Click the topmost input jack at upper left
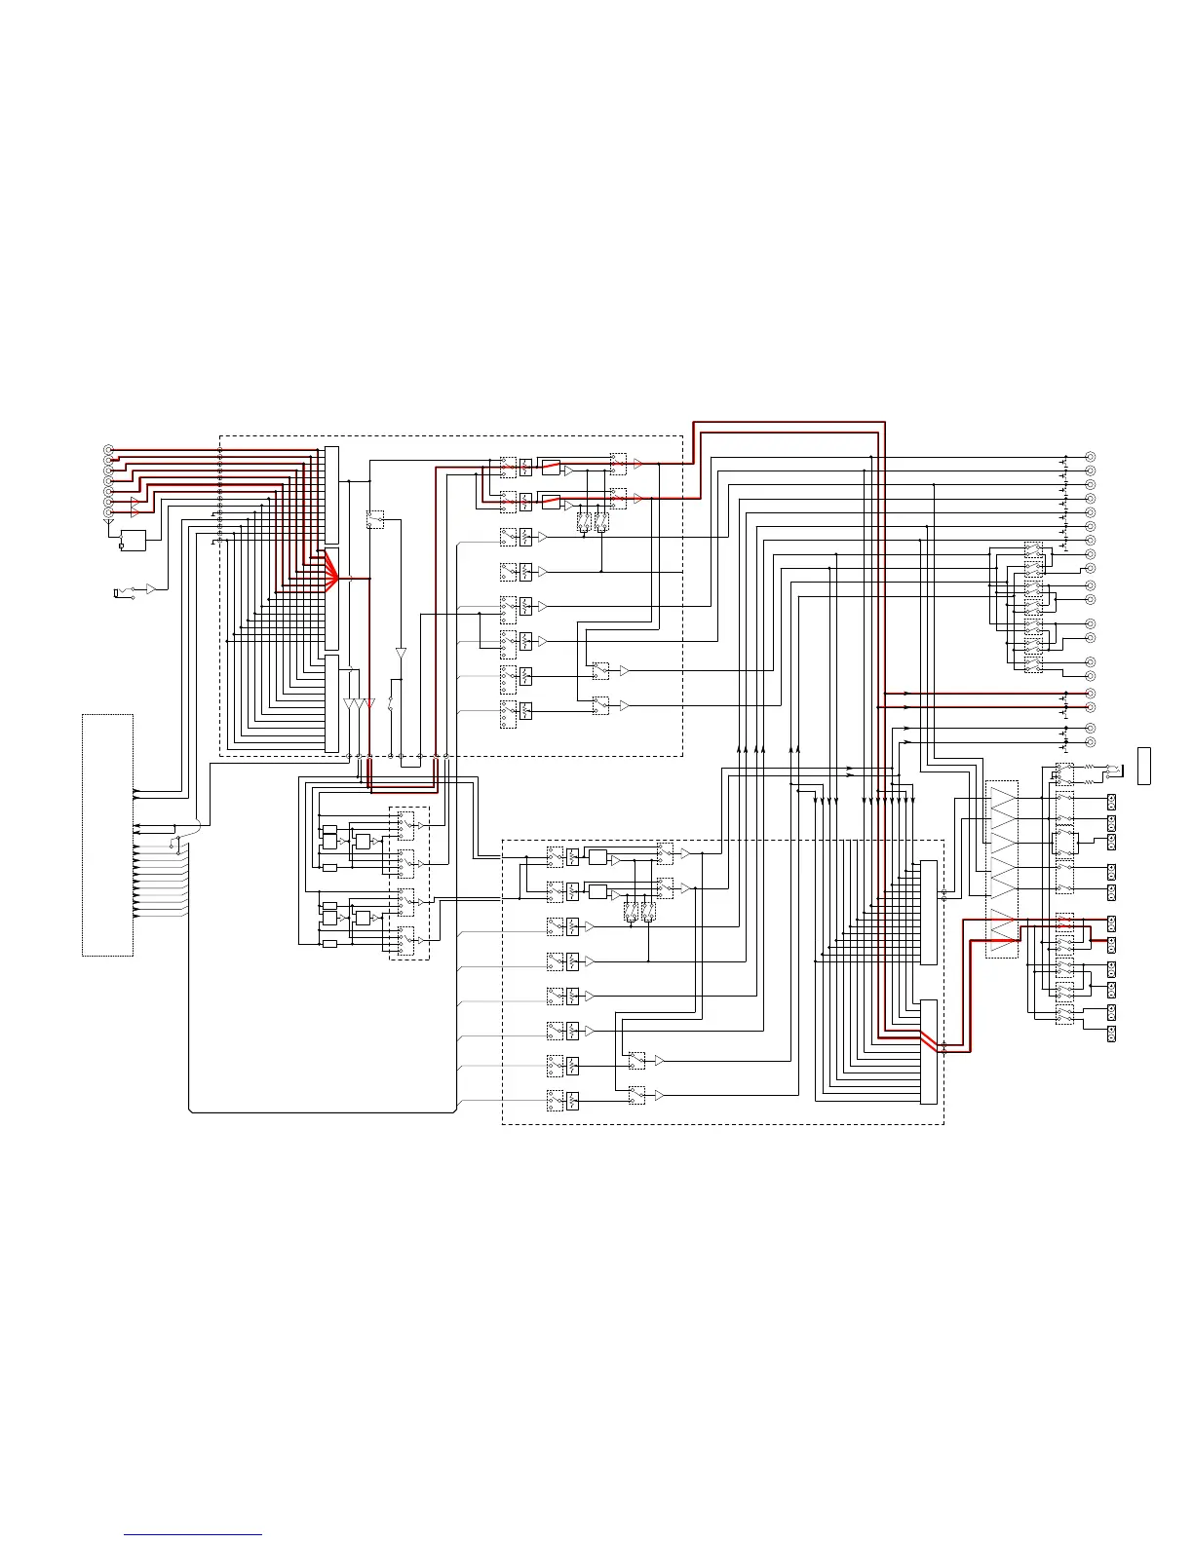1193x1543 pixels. (x=108, y=449)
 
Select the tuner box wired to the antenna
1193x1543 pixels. (x=133, y=540)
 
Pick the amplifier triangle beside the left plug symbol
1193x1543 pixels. (x=150, y=588)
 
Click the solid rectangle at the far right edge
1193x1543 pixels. (x=1144, y=765)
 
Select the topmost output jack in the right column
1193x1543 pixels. (x=1091, y=457)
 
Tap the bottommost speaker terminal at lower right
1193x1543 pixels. (x=1111, y=1034)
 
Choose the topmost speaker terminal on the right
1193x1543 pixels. (x=1111, y=802)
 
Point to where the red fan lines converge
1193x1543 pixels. (x=337, y=579)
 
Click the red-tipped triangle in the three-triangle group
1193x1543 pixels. (x=370, y=703)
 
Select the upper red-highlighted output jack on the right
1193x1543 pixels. (x=1091, y=694)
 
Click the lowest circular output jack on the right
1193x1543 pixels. (x=1091, y=742)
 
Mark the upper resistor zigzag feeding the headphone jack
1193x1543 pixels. (x=1089, y=768)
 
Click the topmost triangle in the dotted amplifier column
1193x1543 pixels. (x=1002, y=802)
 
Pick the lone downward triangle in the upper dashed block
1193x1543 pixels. (x=401, y=653)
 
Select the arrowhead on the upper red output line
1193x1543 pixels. (x=906, y=694)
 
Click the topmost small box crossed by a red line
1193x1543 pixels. (x=508, y=467)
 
